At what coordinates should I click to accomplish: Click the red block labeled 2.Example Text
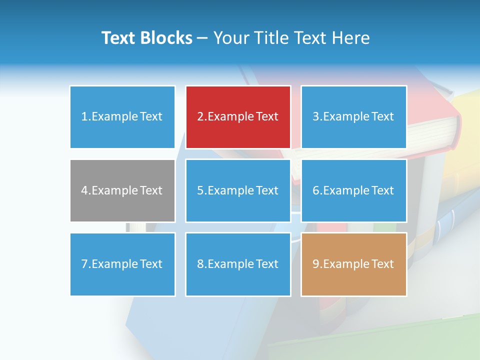(x=238, y=117)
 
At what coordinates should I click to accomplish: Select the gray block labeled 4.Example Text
(x=122, y=190)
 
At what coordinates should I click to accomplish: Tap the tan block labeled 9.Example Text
(x=353, y=264)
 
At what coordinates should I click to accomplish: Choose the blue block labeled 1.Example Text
(x=122, y=117)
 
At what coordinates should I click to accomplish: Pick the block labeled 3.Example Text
(x=353, y=117)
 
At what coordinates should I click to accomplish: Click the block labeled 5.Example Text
(x=238, y=190)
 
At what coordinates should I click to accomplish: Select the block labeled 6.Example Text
(x=353, y=190)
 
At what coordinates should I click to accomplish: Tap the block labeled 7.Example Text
(x=122, y=264)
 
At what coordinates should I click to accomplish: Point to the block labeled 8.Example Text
(x=238, y=264)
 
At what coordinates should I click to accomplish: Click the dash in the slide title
(x=203, y=38)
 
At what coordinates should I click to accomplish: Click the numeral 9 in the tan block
(x=315, y=264)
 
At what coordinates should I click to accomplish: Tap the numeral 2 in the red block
(x=200, y=117)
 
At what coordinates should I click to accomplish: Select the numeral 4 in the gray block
(x=84, y=190)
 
